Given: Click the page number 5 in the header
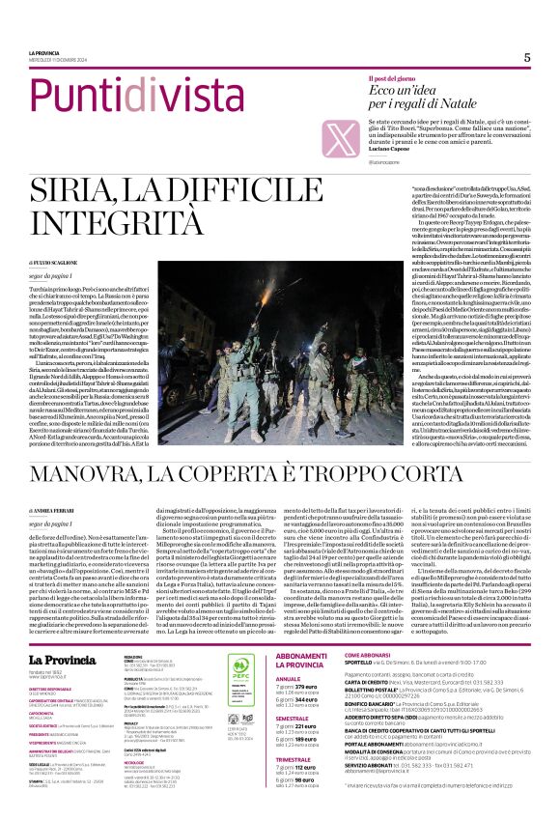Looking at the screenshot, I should coord(527,57).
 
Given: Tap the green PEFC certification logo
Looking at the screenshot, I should coord(238,641).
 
